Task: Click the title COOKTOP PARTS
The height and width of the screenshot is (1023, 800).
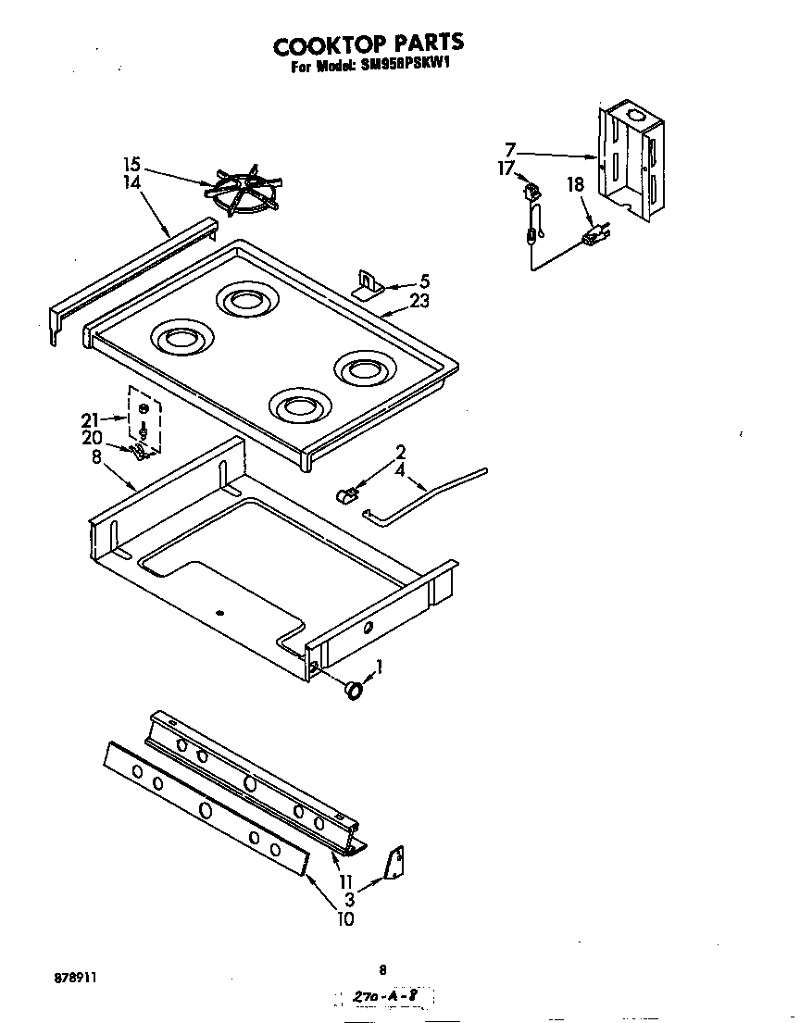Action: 368,44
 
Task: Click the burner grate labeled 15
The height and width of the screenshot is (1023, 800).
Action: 244,192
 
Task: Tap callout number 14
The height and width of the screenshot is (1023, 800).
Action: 132,183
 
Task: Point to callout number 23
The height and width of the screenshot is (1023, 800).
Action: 419,301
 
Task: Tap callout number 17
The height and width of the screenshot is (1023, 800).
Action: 505,168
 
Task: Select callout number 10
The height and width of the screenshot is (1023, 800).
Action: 344,919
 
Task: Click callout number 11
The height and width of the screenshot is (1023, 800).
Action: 346,881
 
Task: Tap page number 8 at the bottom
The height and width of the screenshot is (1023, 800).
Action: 381,969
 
